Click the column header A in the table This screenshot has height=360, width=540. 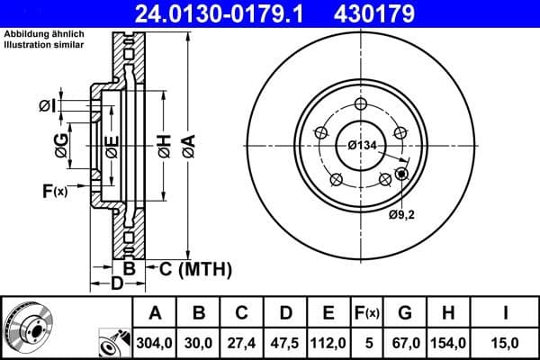click(x=155, y=313)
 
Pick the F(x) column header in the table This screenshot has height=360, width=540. click(x=367, y=313)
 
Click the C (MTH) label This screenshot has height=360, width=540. click(x=195, y=269)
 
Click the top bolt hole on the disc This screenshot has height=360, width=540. click(x=361, y=103)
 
